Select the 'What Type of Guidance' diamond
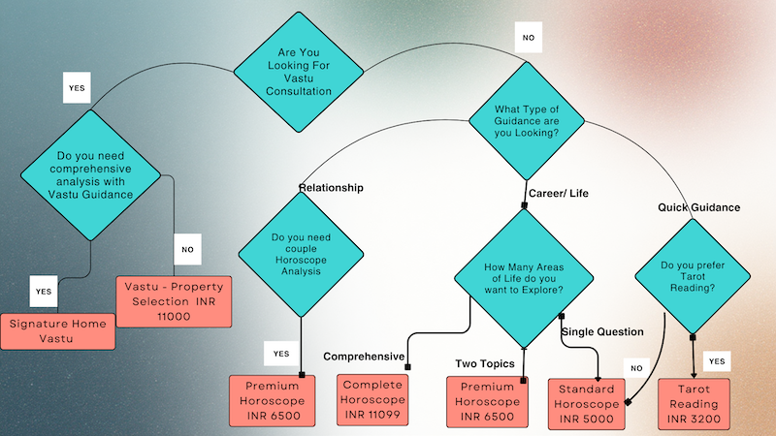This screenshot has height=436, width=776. [527, 119]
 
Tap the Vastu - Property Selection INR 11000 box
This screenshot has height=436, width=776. [172, 300]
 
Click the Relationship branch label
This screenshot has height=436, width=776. [331, 188]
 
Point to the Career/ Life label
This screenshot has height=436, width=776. [558, 193]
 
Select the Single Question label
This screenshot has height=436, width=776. [603, 331]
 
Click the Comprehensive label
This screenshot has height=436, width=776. [363, 357]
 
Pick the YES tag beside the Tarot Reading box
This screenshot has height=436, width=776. [717, 361]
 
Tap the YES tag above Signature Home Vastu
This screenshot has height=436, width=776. [43, 291]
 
